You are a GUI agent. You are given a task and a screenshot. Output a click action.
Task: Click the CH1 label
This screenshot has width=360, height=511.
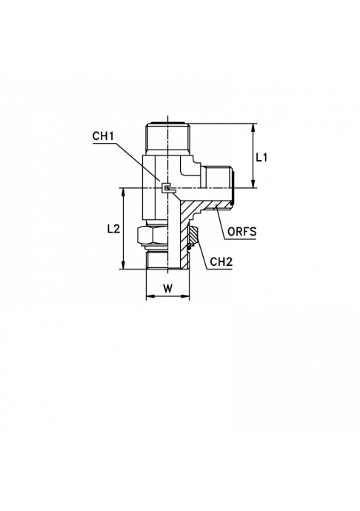pyautogui.click(x=103, y=136)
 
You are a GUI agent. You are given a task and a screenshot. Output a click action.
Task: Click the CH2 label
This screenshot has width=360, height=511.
pyautogui.click(x=221, y=262)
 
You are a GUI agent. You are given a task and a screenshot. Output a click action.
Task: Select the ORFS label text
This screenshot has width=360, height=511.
pyautogui.click(x=241, y=232)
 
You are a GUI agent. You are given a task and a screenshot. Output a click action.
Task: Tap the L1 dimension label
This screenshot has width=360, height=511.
pyautogui.click(x=261, y=158)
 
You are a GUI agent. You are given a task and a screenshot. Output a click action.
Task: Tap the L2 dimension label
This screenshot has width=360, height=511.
pyautogui.click(x=114, y=229)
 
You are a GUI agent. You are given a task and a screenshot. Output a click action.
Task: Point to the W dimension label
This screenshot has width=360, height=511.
pyautogui.click(x=167, y=288)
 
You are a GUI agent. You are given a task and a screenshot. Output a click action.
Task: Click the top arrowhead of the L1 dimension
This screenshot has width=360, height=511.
pyautogui.click(x=253, y=127)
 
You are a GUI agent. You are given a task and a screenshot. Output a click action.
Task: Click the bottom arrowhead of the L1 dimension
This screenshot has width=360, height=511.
pyautogui.click(x=253, y=184)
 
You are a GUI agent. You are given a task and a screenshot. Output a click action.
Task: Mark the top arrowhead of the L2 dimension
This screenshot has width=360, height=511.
pyautogui.click(x=123, y=192)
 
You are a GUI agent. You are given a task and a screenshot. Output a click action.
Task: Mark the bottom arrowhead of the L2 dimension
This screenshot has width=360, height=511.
pyautogui.click(x=123, y=265)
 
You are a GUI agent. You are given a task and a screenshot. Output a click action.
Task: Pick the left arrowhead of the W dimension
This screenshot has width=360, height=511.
pyautogui.click(x=150, y=296)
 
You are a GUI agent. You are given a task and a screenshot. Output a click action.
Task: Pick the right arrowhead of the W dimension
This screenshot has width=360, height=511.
pyautogui.click(x=185, y=296)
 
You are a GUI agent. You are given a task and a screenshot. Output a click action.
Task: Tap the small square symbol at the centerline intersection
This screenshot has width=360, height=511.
pyautogui.click(x=167, y=187)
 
